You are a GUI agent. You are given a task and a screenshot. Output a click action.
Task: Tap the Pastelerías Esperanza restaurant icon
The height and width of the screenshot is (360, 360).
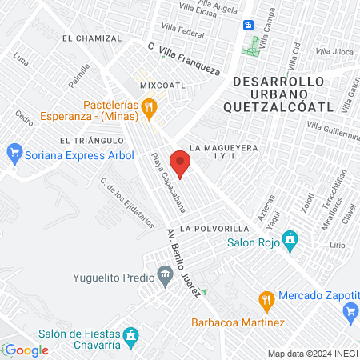[148, 107]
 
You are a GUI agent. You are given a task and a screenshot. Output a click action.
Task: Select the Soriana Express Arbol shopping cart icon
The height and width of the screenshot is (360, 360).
[14, 150]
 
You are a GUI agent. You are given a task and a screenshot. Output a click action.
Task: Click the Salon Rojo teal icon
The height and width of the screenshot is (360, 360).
[291, 238]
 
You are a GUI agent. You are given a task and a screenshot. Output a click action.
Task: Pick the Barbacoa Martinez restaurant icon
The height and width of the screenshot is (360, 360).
[268, 300]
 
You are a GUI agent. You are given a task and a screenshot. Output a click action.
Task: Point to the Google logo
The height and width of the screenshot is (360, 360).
[26, 350]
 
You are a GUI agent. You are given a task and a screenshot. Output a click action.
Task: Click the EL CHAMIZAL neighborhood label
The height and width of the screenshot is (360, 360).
[90, 38]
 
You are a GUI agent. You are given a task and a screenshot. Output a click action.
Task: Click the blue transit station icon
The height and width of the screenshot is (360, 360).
[249, 25]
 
